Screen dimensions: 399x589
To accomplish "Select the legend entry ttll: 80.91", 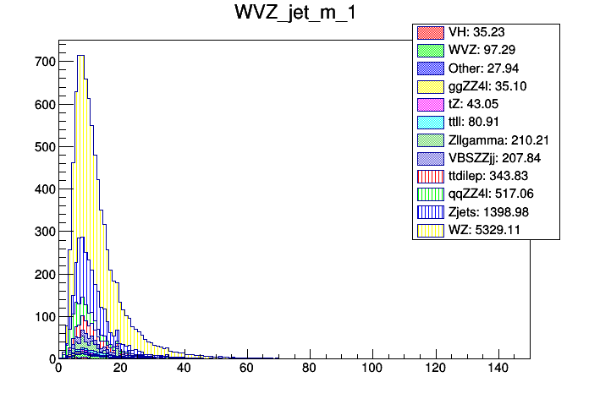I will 487,122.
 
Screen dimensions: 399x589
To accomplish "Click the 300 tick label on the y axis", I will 44,232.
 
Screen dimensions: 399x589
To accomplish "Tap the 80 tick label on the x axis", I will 309,369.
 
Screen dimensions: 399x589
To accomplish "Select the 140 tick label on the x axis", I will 497,369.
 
